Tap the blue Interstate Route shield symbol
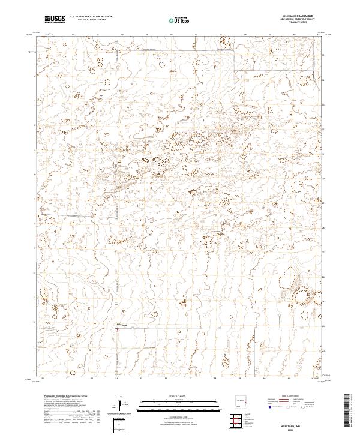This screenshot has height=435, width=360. [x=271, y=407]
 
